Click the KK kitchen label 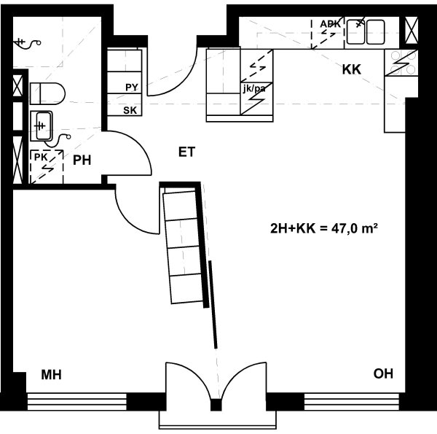(x=352, y=69)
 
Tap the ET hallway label (x=186, y=152)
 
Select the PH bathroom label (x=82, y=160)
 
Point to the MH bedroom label (x=51, y=375)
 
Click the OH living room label (x=383, y=373)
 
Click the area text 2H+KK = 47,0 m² (x=324, y=228)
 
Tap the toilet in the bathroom (x=47, y=93)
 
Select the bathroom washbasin (x=42, y=126)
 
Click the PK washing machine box (x=47, y=167)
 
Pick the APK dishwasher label (x=330, y=24)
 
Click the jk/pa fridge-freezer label (x=254, y=89)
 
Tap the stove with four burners (x=401, y=63)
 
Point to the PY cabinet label (x=132, y=88)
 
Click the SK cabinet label (x=130, y=111)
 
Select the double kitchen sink (x=366, y=31)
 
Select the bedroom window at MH (x=77, y=401)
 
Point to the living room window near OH (x=352, y=401)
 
